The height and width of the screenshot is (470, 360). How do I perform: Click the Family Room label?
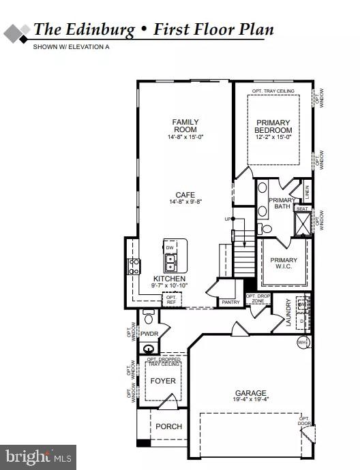(x=185, y=125)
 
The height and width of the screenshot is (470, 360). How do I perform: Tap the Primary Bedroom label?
(x=273, y=127)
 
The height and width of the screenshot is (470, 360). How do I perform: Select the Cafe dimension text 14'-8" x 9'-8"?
(x=185, y=202)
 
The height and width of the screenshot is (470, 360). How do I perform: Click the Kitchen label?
(x=167, y=279)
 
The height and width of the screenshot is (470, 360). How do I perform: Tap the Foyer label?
(x=163, y=381)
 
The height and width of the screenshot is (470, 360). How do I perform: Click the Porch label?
(x=168, y=426)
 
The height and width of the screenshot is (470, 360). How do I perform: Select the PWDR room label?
(x=149, y=334)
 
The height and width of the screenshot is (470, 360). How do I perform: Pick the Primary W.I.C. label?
(x=284, y=263)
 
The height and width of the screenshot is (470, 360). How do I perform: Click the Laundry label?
(x=289, y=312)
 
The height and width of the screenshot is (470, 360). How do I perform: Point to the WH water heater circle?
(x=303, y=342)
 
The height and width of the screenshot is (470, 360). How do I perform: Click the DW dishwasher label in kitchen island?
(x=170, y=248)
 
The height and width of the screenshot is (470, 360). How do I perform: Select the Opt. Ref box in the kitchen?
(x=171, y=299)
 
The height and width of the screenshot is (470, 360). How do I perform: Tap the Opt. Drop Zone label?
(x=258, y=298)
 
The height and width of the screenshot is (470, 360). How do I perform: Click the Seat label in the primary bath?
(x=301, y=209)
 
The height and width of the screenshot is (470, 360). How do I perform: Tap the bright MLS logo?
(x=38, y=456)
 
